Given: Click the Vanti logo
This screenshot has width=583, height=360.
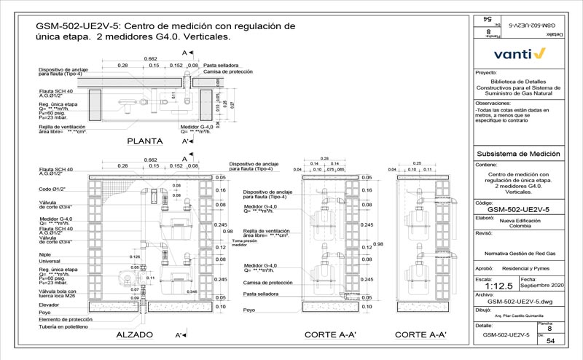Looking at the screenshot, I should [519, 53].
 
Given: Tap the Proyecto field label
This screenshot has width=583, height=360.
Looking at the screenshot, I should [485, 74].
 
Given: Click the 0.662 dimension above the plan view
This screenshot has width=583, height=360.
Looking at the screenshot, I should [151, 58].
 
